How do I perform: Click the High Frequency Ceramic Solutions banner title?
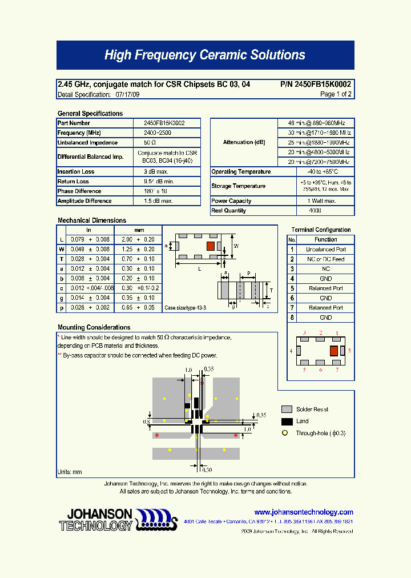tap(205, 55)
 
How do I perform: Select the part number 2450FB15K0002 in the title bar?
tap(316, 84)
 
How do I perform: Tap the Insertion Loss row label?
tap(76, 171)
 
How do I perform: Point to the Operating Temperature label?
tap(241, 172)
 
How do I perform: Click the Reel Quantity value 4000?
tap(315, 211)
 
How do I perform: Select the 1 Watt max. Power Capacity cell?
tap(315, 201)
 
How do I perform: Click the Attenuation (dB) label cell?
tap(244, 142)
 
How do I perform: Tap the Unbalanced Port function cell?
tap(325, 250)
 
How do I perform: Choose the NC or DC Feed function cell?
tap(325, 259)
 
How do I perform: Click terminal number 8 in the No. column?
tap(292, 318)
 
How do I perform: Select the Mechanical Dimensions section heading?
tap(92, 220)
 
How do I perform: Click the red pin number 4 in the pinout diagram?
tap(291, 351)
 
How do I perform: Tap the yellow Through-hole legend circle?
tap(284, 433)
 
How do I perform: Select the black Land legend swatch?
tap(287, 422)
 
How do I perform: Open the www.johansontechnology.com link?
tap(304, 512)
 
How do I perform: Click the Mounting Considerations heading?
tap(94, 327)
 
